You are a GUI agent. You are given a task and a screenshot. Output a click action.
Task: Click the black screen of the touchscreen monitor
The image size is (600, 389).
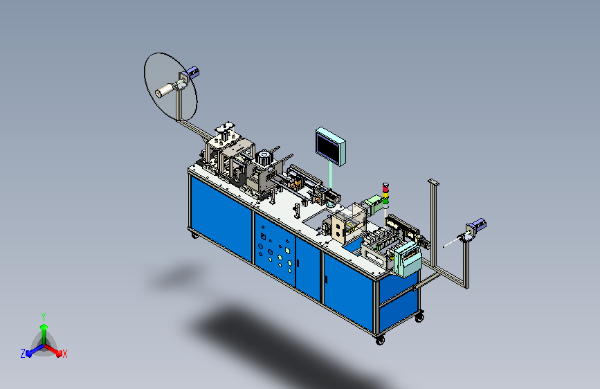click(x=328, y=148)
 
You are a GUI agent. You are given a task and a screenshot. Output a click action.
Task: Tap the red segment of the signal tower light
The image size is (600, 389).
click(x=385, y=189)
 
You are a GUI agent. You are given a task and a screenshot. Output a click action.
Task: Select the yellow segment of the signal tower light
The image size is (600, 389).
click(x=385, y=195)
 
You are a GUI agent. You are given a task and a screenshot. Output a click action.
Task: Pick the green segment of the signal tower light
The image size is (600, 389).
click(x=385, y=200)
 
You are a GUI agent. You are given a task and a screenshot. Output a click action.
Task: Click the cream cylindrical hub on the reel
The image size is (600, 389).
click(x=164, y=91)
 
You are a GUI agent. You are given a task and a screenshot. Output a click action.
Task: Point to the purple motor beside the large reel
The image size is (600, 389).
click(x=192, y=73)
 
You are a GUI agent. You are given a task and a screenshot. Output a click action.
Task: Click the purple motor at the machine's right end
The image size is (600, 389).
click(x=478, y=225)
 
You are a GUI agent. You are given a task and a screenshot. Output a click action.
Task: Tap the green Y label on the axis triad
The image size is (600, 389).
click(x=44, y=317)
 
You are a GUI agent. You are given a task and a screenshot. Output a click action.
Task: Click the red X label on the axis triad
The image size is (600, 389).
click(x=64, y=354)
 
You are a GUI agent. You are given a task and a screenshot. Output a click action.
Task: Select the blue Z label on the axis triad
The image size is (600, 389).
click(x=23, y=354)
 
